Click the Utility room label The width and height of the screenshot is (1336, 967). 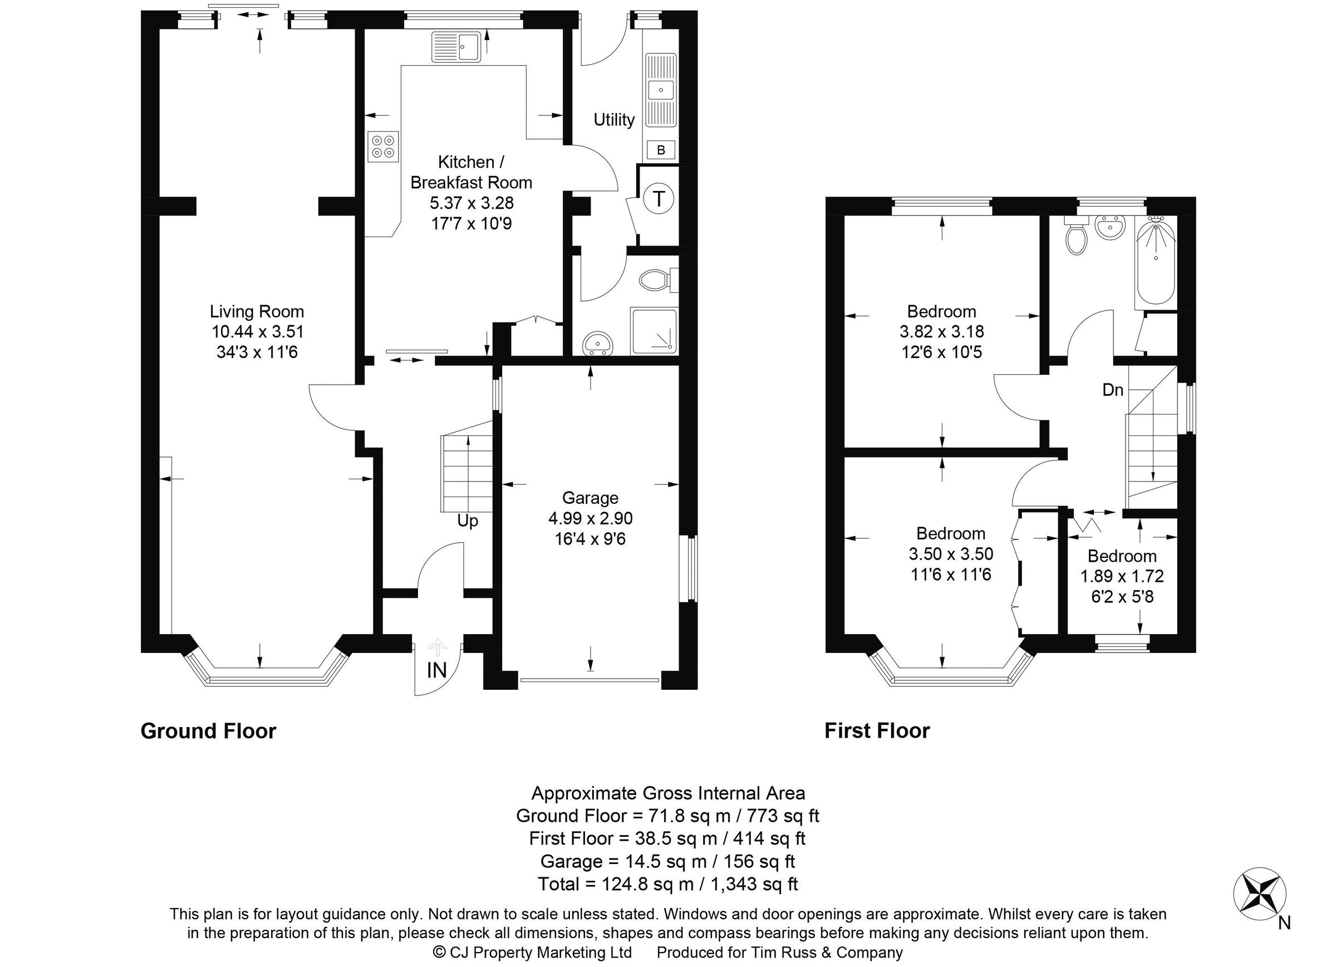pyautogui.click(x=614, y=120)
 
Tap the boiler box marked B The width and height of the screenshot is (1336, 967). pyautogui.click(x=660, y=150)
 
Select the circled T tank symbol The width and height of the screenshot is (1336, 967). pyautogui.click(x=659, y=199)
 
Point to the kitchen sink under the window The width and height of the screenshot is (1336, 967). pyautogui.click(x=457, y=47)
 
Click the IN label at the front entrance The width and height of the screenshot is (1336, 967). pyautogui.click(x=436, y=670)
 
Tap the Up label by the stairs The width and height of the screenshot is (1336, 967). pyautogui.click(x=468, y=521)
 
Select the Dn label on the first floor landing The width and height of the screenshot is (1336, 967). pyautogui.click(x=1113, y=390)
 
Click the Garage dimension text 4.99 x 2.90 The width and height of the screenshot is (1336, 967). pyautogui.click(x=590, y=518)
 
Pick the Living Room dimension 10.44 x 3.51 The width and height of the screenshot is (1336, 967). pyautogui.click(x=257, y=332)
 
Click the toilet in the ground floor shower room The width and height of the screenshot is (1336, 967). pyautogui.click(x=655, y=279)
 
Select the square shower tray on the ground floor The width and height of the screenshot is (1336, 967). pyautogui.click(x=654, y=331)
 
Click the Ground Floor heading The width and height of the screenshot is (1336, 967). pyautogui.click(x=208, y=731)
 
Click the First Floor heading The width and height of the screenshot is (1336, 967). pyautogui.click(x=877, y=731)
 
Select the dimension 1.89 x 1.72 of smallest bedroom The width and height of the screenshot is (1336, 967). pyautogui.click(x=1122, y=576)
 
